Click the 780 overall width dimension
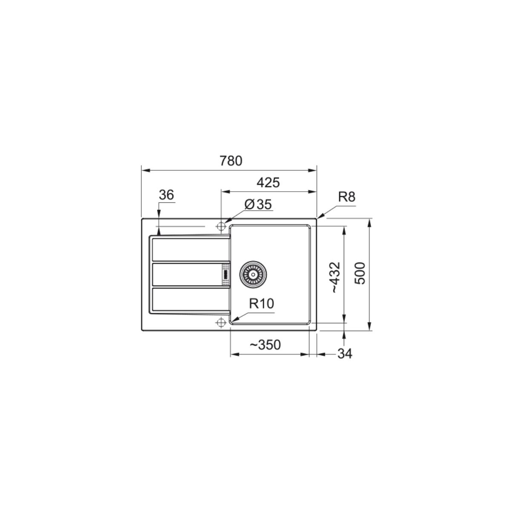(x=231, y=161)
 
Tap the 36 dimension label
(x=166, y=195)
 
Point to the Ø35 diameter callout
(x=258, y=204)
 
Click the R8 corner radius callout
(x=347, y=197)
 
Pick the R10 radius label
(x=261, y=304)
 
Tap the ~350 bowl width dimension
(x=265, y=345)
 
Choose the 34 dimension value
(x=345, y=354)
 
